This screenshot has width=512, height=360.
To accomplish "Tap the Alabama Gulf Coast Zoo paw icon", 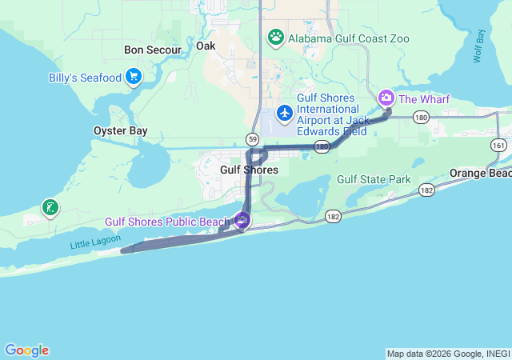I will point(276,37).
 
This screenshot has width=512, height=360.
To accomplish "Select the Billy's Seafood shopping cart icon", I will point(134,78).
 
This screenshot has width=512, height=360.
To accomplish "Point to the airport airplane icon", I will point(284,114).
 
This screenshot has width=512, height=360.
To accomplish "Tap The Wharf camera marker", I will point(386,98).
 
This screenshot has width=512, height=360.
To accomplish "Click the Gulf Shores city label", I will point(249,170).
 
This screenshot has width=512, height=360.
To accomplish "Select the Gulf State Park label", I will point(374,179).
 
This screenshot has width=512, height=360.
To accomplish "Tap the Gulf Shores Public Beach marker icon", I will point(242,220).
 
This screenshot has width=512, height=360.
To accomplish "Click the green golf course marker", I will point(50,209).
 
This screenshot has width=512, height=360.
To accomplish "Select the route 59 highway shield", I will point(253,139).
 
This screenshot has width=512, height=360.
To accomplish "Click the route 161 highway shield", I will point(499,145).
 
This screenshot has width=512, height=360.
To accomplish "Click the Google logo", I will point(26,350).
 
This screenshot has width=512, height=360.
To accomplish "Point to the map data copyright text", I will point(447,354).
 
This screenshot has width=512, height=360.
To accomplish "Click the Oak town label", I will point(206,46).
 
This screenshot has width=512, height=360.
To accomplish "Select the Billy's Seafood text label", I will point(83,78).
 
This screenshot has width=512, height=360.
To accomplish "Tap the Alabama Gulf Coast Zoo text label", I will point(349,38).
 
